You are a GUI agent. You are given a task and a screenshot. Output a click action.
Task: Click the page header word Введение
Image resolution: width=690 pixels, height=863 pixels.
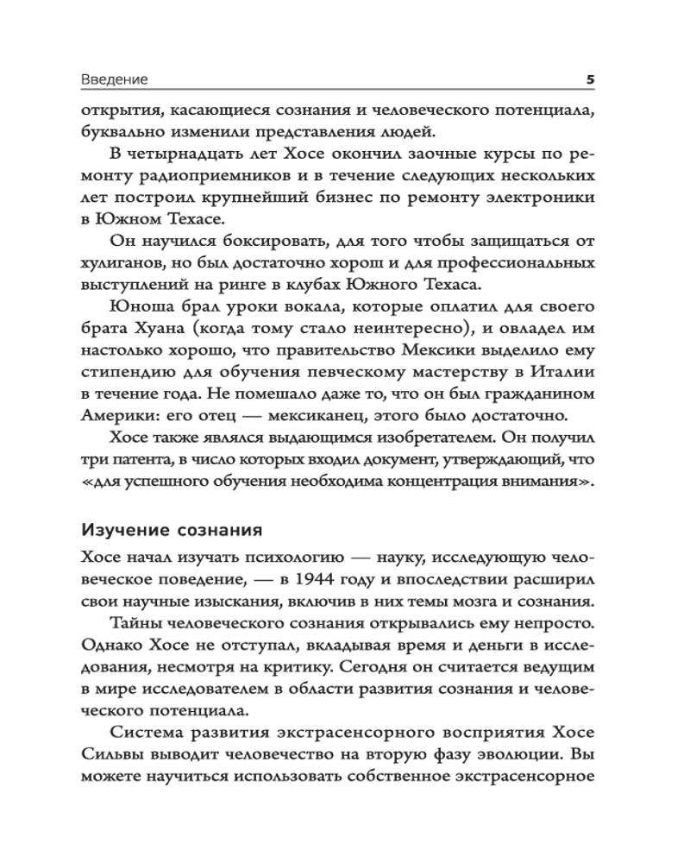pyautogui.click(x=115, y=79)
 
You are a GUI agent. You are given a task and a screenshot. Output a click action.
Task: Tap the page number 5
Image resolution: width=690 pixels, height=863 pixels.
pyautogui.click(x=591, y=79)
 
